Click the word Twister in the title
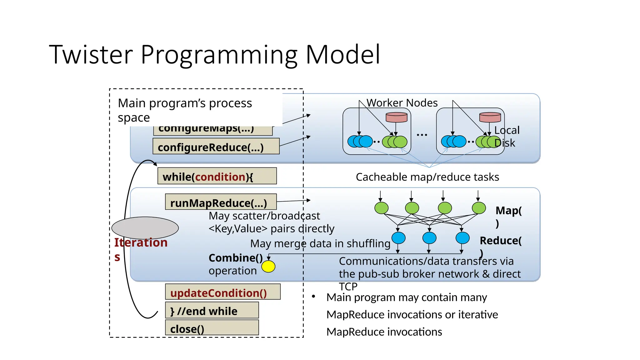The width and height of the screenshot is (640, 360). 91,55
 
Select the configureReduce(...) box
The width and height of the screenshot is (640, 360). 216,147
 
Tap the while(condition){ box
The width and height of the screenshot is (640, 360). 217,176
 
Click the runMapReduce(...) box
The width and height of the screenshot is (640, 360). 221,202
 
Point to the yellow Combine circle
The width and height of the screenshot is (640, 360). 268,267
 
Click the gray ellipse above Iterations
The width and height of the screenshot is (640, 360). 145,228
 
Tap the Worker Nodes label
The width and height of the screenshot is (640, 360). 402,103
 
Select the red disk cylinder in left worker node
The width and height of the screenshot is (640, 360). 396,117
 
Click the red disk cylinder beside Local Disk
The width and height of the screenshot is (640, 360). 490,117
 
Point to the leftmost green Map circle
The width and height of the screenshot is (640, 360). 381,208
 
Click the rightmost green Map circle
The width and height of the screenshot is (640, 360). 478,208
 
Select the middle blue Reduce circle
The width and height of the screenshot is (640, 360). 429,238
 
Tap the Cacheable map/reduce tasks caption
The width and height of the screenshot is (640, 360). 427,177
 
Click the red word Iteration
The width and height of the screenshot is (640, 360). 141,242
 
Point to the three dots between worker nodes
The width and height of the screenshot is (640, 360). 422,135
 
